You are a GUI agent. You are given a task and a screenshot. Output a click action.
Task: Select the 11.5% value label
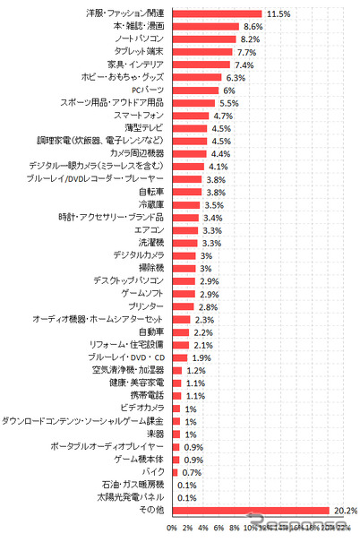[278, 14]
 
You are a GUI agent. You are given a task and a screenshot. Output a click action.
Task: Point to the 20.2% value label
[346, 509]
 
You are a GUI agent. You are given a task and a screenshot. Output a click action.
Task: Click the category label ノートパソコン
[140, 39]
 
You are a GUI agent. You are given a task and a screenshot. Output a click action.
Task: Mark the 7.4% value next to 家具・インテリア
[244, 65]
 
